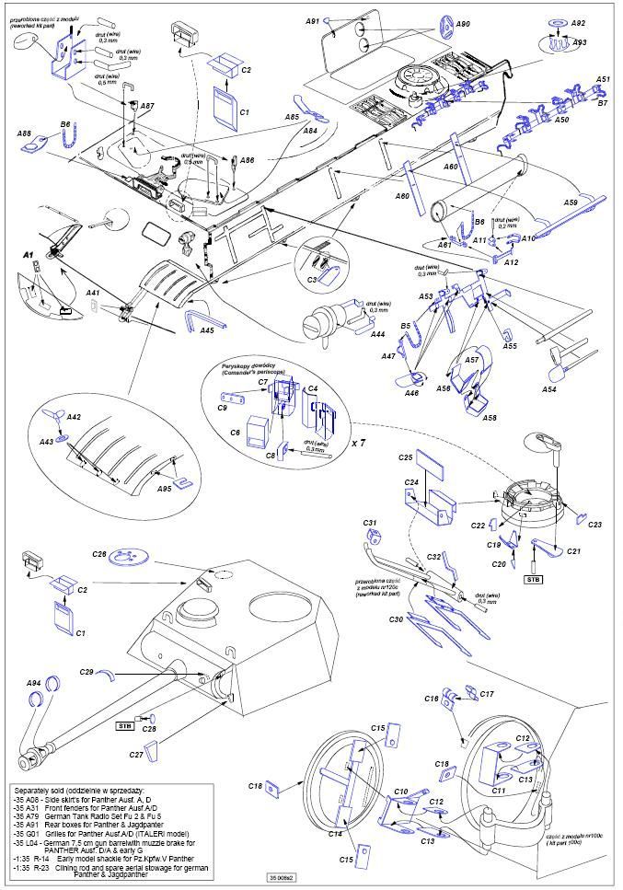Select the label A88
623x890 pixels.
(x=25, y=133)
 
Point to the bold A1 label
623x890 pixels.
(x=28, y=253)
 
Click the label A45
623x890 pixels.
(x=208, y=330)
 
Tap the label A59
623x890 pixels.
(x=571, y=202)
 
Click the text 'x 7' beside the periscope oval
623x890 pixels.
(x=360, y=443)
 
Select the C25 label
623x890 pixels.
(x=406, y=457)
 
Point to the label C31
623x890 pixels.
(x=370, y=524)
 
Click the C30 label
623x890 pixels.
(x=397, y=620)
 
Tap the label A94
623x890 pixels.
(x=33, y=683)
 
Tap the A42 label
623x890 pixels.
(x=74, y=418)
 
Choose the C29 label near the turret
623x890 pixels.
(x=87, y=672)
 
